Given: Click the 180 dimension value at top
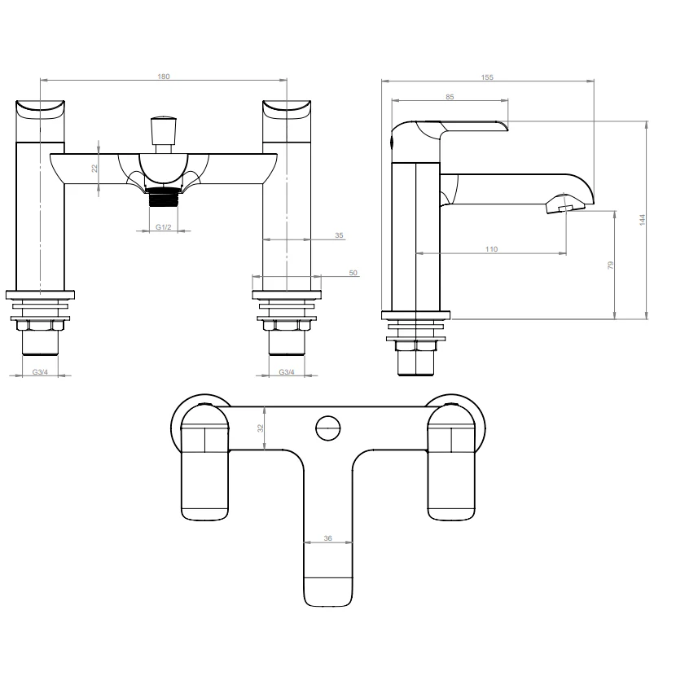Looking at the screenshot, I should [164, 76].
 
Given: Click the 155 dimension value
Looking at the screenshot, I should [487, 77].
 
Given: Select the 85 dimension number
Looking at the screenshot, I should [450, 97].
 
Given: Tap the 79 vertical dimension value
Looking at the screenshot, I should [610, 265].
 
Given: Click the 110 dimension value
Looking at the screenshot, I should [491, 249].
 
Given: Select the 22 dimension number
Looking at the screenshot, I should [94, 168].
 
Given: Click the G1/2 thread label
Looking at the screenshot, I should [163, 226].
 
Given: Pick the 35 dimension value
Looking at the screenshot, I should [339, 235].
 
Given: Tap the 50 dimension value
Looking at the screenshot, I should [353, 273].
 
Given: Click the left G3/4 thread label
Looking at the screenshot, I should [39, 371].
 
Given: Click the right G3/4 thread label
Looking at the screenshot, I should [287, 371].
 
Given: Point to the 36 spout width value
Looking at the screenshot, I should [328, 538].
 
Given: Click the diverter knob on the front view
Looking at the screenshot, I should [163, 129].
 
